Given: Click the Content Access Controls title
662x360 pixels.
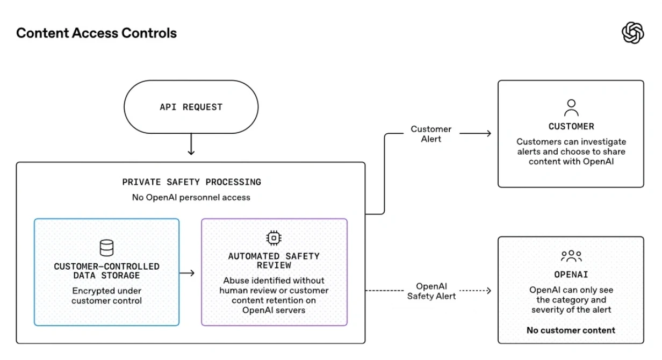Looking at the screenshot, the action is coord(96,33).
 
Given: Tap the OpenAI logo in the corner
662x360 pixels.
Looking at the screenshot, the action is coord(633,33).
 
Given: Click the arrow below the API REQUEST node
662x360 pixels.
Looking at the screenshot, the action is coord(191,144).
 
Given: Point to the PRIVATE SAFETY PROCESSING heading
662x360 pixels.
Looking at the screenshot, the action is coord(191,182).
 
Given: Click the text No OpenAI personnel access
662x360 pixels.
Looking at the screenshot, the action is coord(191,197).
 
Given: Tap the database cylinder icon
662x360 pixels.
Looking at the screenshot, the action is coord(106,248).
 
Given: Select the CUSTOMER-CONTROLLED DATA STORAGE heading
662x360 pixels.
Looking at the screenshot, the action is coord(106,271).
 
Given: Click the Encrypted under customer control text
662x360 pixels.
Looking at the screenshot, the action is coord(106,296).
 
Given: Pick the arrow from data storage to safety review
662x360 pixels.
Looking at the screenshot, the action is coord(187,273).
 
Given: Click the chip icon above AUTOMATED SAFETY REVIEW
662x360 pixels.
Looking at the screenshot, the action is coord(274,238).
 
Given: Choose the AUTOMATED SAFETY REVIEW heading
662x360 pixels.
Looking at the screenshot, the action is coord(274,261).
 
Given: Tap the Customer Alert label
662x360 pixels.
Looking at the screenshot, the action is coord(431,134).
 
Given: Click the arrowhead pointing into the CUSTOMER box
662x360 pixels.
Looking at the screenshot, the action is coord(489,133).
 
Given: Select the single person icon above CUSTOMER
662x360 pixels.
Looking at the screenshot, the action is coord(571,108).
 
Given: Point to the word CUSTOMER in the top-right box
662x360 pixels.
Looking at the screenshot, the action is coord(571,126).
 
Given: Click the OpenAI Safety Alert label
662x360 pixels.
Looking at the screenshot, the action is coord(431,291).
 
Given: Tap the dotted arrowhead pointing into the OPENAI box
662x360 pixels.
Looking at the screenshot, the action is coord(489,291).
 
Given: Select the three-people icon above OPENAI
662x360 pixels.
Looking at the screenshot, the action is coord(571,256).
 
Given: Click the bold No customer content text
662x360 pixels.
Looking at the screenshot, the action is coord(571,330).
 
